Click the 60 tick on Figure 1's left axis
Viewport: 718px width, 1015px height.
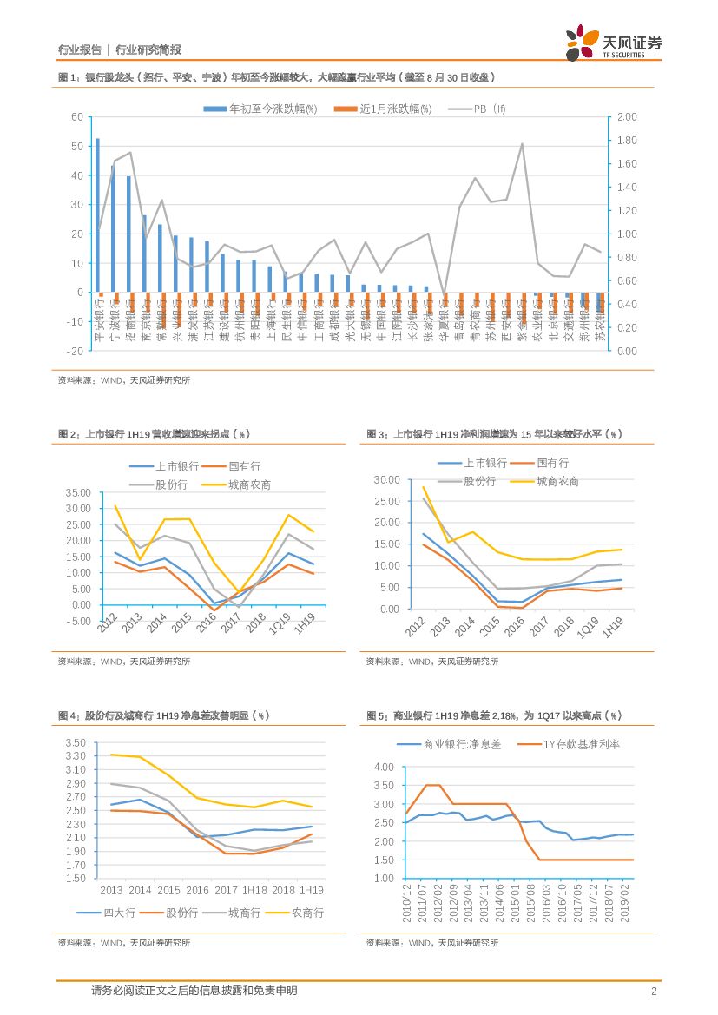tap(77, 117)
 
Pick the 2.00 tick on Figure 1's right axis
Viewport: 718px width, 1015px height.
tap(627, 117)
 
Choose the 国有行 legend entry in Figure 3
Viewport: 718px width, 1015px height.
tap(552, 464)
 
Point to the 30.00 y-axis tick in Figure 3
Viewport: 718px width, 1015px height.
tap(385, 479)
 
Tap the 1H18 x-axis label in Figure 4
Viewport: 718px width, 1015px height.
tap(254, 891)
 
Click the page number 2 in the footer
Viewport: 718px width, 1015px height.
tap(654, 991)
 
